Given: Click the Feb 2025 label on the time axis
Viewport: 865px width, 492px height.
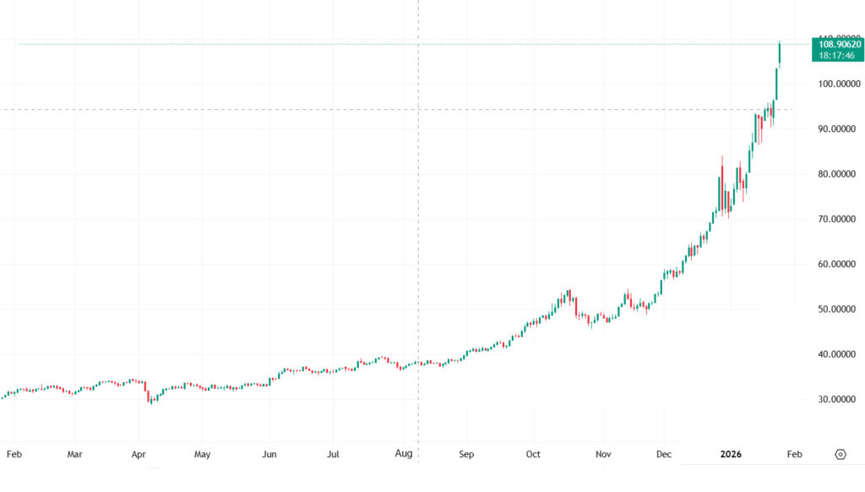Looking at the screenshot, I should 14,454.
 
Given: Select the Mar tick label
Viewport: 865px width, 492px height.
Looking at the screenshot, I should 75,454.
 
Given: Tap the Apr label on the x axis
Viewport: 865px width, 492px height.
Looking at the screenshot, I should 139,454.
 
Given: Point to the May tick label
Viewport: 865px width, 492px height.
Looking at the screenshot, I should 202,454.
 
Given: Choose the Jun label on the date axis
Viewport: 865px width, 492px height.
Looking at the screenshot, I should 269,454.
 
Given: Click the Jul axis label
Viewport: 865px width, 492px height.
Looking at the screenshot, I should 334,454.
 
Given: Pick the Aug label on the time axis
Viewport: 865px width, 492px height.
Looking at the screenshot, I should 404,454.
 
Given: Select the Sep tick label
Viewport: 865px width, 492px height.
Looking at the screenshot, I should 466,454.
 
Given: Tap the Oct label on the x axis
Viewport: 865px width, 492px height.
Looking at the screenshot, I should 532,454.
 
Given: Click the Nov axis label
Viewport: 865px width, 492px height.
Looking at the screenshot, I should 603,454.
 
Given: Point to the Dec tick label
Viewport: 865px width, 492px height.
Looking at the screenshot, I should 664,454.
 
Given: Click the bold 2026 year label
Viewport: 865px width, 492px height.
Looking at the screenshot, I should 731,454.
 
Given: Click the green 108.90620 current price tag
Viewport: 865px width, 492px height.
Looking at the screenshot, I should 837,44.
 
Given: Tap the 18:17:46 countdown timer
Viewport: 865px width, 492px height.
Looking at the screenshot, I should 837,55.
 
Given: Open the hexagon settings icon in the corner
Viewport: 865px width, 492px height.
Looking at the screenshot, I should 840,454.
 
